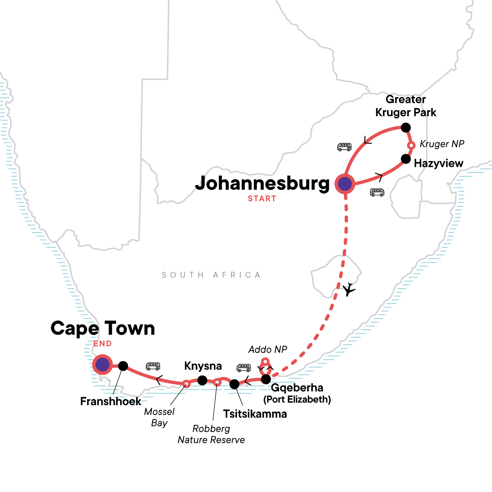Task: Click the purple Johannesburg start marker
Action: (345, 184)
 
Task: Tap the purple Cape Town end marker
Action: (102, 364)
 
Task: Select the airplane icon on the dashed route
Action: (349, 289)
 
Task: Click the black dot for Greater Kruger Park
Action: (405, 128)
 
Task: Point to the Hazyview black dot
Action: (405, 159)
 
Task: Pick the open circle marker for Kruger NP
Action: (411, 145)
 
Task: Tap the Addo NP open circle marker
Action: (265, 362)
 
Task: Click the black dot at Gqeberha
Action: (266, 379)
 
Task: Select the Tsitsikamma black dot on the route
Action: (234, 384)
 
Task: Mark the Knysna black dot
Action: (202, 380)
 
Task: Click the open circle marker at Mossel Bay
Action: (186, 384)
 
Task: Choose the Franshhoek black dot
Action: (123, 366)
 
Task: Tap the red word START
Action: (262, 199)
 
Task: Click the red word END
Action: (102, 344)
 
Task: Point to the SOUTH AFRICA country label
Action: (211, 275)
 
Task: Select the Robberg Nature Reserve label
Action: (211, 434)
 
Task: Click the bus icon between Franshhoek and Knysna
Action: (153, 366)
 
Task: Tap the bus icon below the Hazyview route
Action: (377, 192)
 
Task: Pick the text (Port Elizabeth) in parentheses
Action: (297, 399)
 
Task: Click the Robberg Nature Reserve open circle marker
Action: (217, 383)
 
